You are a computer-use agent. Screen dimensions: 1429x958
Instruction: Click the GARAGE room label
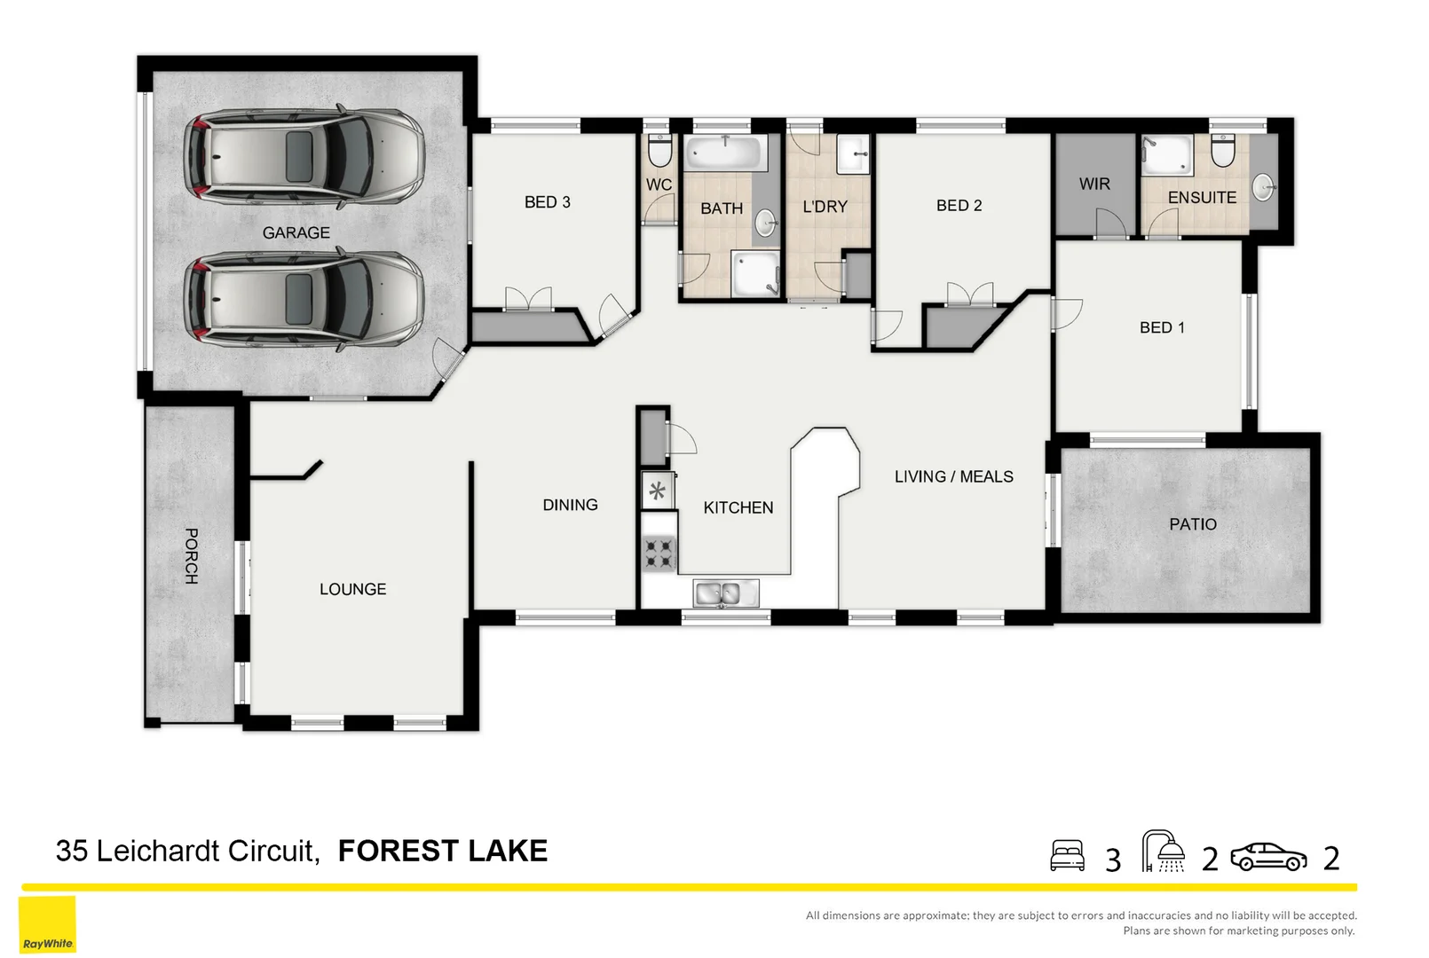[x=296, y=232]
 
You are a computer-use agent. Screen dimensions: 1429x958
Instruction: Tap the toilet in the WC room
[x=659, y=151]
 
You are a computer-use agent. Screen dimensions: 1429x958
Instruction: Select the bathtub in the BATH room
[x=726, y=153]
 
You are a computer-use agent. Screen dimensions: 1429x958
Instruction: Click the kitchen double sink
[x=726, y=593]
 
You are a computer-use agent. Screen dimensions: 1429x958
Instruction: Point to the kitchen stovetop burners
[x=659, y=554]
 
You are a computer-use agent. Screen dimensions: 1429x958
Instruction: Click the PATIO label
[x=1193, y=524]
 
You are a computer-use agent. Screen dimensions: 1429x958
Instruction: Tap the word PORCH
[x=191, y=556]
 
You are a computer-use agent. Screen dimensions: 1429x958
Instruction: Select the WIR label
[x=1094, y=185]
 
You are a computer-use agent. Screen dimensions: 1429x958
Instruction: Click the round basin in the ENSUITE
[x=1263, y=187]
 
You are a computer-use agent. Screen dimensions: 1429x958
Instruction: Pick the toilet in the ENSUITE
[x=1223, y=151]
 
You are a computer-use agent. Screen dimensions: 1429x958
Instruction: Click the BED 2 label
[x=959, y=205]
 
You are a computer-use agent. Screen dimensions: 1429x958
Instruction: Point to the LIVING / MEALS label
[x=954, y=476]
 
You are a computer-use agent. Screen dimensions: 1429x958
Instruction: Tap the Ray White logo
[x=48, y=924]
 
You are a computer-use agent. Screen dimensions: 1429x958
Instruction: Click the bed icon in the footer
[x=1067, y=855]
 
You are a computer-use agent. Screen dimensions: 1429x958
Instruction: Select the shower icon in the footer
[x=1164, y=851]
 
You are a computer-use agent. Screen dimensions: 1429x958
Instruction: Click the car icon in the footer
[x=1268, y=857]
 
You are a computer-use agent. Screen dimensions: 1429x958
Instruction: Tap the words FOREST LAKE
[x=443, y=851]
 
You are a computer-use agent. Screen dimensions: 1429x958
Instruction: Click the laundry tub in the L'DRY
[x=853, y=153]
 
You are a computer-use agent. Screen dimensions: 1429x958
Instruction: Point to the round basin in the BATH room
[x=765, y=223]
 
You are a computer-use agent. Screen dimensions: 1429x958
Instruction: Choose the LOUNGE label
[x=352, y=589]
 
